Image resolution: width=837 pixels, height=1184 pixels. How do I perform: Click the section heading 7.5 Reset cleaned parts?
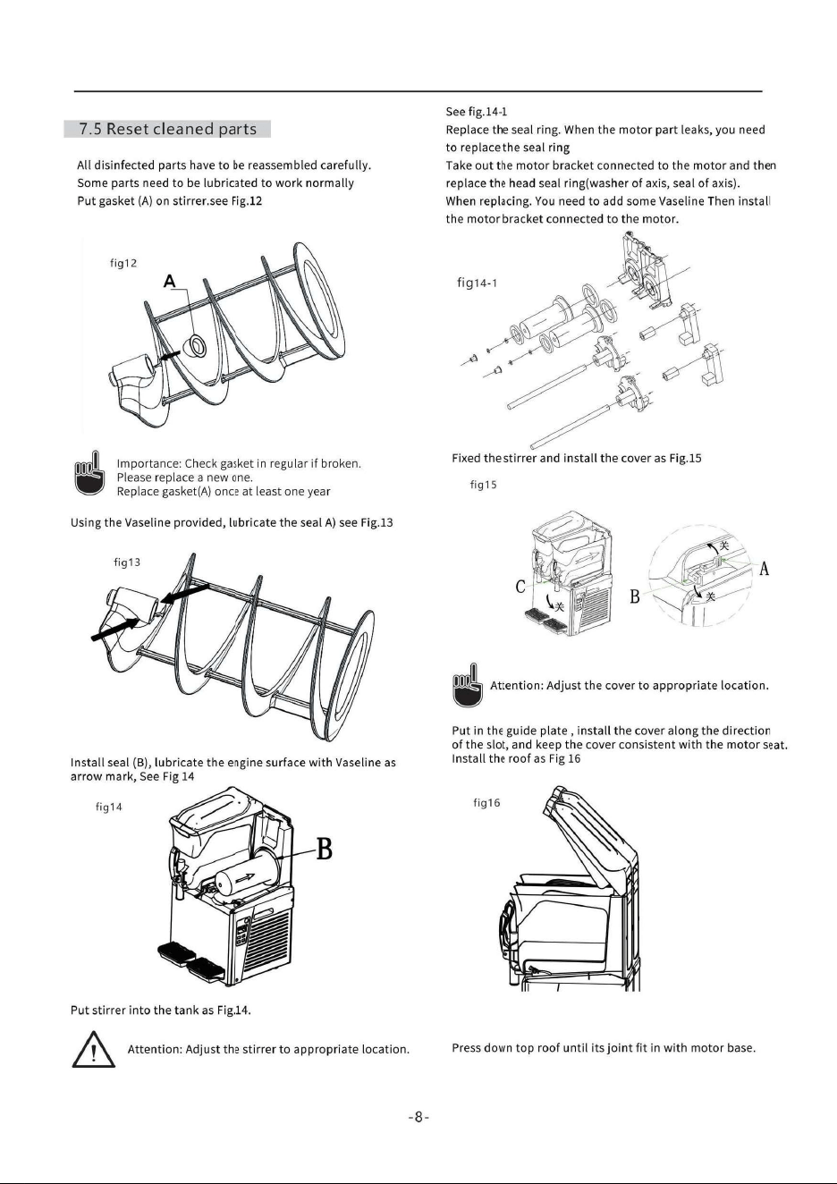167,129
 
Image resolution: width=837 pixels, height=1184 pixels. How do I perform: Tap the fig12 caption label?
123,263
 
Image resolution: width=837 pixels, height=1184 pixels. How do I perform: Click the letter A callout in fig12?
169,281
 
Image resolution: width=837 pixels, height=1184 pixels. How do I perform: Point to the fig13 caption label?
127,562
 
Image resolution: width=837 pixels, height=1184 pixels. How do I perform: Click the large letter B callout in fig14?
324,849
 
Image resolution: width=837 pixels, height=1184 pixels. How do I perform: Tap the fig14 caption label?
108,807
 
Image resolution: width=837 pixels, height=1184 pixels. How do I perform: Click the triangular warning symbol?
94,1049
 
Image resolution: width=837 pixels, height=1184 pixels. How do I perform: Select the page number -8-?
418,1117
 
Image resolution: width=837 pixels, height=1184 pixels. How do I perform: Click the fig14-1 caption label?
478,283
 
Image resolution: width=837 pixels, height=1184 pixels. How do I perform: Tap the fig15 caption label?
484,485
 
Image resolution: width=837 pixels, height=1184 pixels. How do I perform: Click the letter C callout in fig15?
520,587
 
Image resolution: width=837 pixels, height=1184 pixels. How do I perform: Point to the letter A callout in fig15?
764,570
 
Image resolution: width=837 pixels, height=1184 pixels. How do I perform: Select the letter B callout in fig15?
635,596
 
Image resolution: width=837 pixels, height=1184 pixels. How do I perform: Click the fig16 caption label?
486,803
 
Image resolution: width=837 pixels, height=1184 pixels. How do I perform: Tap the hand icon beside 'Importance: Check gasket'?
89,472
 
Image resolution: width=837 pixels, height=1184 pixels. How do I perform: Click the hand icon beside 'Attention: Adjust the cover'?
468,686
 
